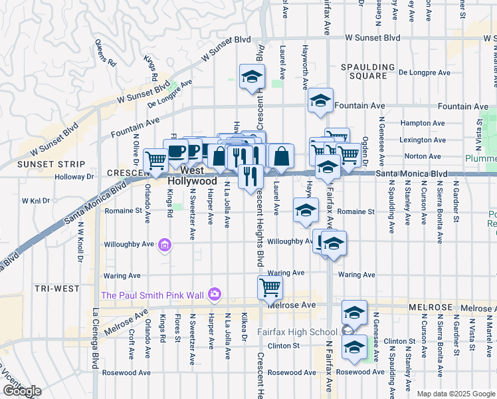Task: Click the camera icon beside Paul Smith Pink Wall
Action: click(214, 294)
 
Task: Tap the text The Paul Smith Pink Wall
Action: click(153, 295)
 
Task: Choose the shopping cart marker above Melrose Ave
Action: click(270, 287)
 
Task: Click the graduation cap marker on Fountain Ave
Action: click(320, 100)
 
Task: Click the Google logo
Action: click(22, 391)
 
